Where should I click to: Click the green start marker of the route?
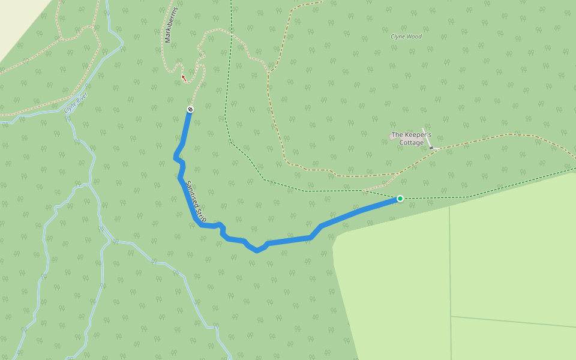[400, 199]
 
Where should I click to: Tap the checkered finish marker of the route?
[190, 109]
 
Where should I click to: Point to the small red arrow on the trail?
[184, 78]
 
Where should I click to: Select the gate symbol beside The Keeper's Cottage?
[431, 147]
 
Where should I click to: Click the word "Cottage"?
[412, 143]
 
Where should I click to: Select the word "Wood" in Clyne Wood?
[415, 37]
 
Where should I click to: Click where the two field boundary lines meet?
[451, 317]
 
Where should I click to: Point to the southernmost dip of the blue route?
[257, 250]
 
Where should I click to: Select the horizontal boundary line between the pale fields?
[516, 322]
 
